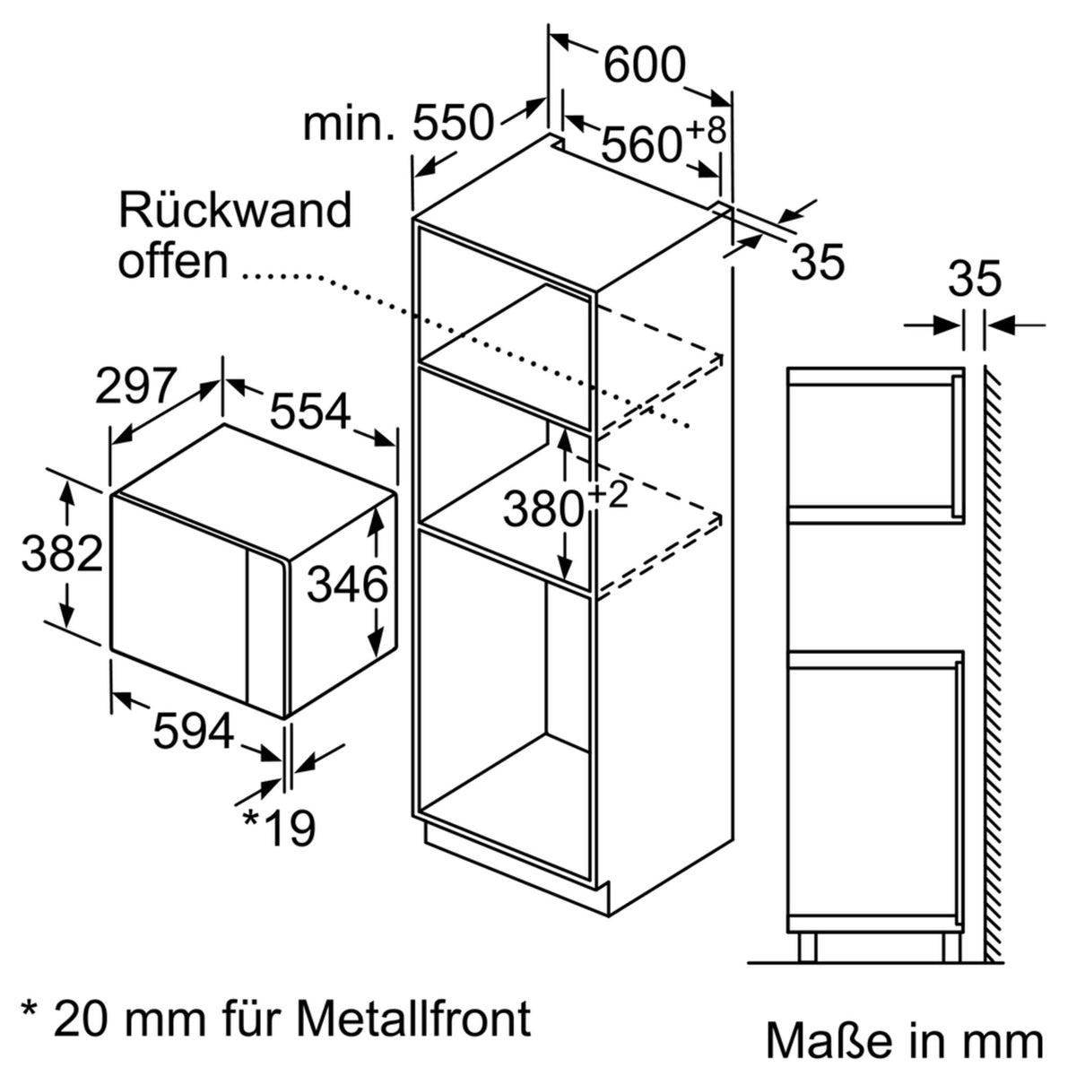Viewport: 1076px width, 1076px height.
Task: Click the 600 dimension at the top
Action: [x=644, y=65]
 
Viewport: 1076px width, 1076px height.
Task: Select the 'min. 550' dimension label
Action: [x=399, y=123]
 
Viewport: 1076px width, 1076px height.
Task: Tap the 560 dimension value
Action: [x=641, y=143]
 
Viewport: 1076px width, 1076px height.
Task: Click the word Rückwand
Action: [x=235, y=211]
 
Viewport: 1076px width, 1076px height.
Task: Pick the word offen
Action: [x=173, y=261]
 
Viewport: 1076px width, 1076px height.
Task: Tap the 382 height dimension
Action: [x=62, y=553]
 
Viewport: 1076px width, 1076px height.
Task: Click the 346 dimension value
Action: [x=347, y=586]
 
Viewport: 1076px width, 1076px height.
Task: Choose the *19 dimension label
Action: [x=278, y=829]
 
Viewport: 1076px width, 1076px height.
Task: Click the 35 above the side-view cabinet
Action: [x=974, y=281]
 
